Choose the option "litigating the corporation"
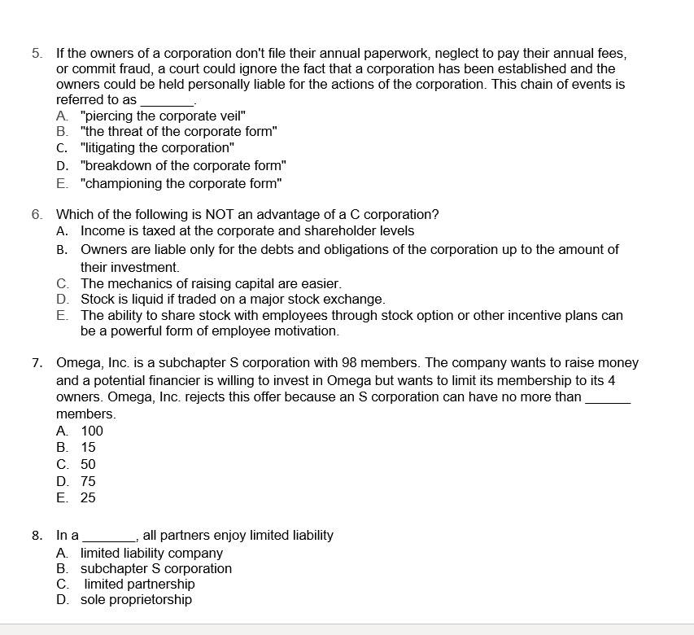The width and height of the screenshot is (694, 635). pos(157,148)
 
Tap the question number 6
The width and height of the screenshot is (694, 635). pos(37,215)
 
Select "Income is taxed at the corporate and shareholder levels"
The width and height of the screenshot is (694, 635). pos(247,231)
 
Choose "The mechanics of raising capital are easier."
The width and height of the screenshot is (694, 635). pos(210,284)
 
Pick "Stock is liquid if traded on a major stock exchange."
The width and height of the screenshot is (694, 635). pos(232,300)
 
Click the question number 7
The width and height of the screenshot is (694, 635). pos(37,363)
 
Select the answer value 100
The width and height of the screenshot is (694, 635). pos(92,431)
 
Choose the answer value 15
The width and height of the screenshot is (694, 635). pos(88,447)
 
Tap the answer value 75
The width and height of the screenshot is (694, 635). pos(88,481)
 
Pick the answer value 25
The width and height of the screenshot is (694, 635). pos(88,497)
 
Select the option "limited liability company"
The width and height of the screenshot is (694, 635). pos(151,553)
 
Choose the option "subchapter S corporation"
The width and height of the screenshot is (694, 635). pos(156,568)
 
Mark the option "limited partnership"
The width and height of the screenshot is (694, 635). pos(140,584)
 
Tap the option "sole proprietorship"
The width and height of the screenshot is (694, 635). pos(137,600)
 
